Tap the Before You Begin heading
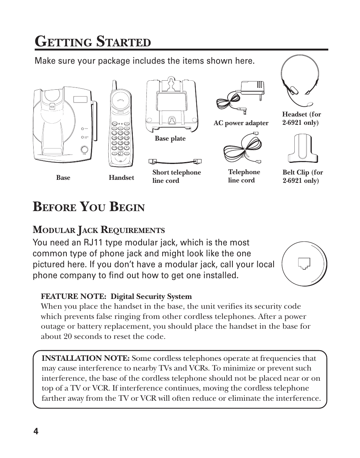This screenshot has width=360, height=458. pos(89,207)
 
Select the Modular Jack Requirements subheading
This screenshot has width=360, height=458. pos(99,230)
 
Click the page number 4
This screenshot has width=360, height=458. pos(36,432)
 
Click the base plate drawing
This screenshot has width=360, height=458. pos(171,106)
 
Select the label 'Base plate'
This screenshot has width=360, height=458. pos(170,139)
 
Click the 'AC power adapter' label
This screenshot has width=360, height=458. pos(241,123)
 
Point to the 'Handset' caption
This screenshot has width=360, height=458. pos(121,178)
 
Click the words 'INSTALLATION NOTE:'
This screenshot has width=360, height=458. pos(86,358)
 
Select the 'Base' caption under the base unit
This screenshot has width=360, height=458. pos(63,178)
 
